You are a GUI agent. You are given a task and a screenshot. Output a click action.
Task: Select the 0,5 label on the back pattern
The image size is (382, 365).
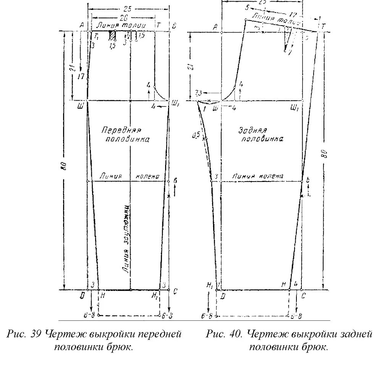tap(197, 134)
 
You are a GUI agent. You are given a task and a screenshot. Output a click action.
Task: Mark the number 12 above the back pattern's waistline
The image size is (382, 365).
tap(293, 14)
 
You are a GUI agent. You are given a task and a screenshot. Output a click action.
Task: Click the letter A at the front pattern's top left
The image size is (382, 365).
tap(82, 25)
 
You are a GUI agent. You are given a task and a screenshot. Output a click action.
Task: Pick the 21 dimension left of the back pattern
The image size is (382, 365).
tap(193, 67)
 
